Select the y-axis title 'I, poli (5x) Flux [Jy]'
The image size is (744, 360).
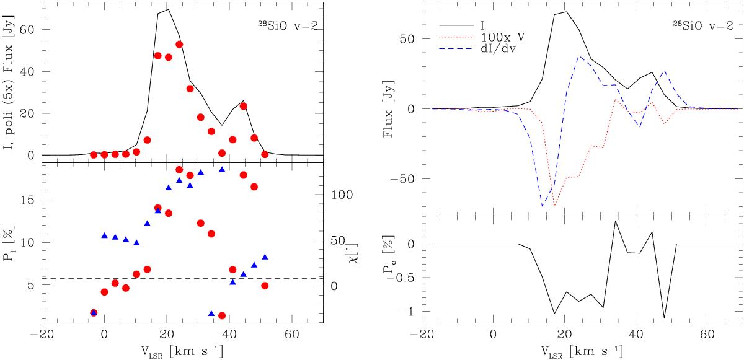point(9,82)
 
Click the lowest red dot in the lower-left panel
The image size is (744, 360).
point(222,315)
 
